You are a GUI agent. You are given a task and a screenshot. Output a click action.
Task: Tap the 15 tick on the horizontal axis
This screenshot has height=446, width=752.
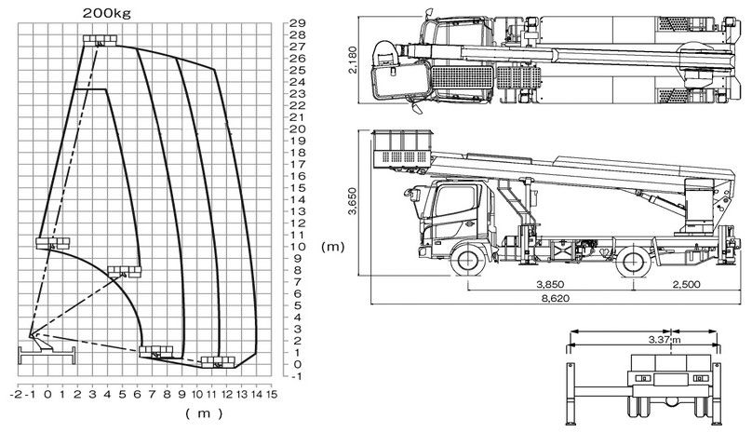272,394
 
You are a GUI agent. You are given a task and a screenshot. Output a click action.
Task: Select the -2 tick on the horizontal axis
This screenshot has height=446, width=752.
16,394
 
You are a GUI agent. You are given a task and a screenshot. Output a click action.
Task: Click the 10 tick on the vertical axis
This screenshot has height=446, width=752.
298,247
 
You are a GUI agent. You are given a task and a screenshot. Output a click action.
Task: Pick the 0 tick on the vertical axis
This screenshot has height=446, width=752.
298,364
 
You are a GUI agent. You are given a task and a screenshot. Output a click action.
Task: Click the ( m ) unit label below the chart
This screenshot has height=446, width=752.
204,412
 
